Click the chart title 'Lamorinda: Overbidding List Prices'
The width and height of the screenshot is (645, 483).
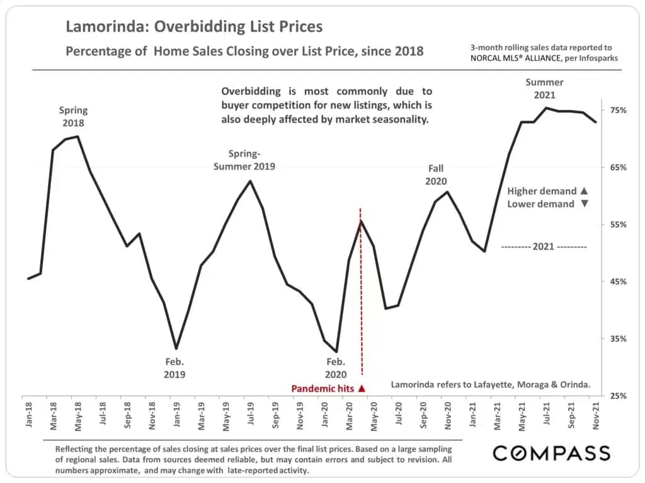click(x=194, y=26)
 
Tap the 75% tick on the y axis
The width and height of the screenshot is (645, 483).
click(x=618, y=111)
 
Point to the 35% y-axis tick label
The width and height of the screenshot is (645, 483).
click(x=618, y=339)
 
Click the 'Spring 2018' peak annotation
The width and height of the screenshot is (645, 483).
click(x=73, y=117)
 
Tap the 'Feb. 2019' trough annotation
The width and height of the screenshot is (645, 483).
click(x=174, y=368)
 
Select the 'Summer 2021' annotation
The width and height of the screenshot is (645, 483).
click(x=544, y=88)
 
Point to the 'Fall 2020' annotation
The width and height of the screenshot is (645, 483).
click(x=436, y=174)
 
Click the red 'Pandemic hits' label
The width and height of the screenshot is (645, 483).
click(x=322, y=389)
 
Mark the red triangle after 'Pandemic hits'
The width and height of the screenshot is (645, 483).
click(x=362, y=389)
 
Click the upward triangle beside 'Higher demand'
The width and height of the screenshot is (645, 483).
click(x=584, y=191)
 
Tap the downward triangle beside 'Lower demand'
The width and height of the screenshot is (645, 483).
click(x=584, y=204)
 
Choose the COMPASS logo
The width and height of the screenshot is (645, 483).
click(x=551, y=453)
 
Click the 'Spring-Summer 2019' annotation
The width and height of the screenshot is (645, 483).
click(x=244, y=160)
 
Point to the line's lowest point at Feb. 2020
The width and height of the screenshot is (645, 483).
click(x=336, y=352)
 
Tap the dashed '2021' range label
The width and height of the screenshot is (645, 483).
click(x=544, y=247)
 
